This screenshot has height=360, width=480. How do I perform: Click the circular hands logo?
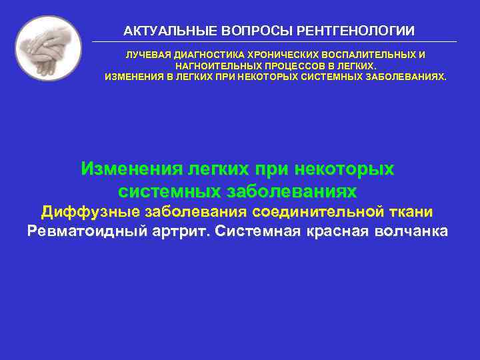click(x=48, y=49)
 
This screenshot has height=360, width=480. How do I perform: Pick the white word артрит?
click(x=185, y=232)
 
